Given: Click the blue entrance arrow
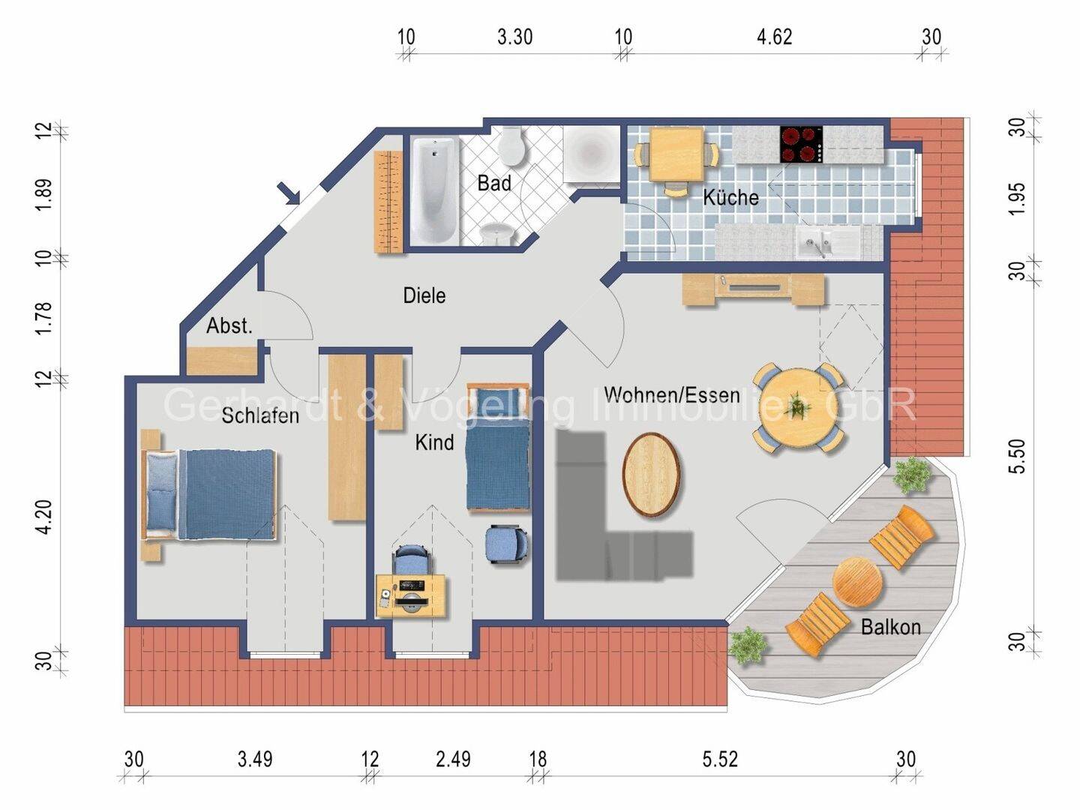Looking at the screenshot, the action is (x=289, y=193).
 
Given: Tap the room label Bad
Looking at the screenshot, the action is (x=494, y=183).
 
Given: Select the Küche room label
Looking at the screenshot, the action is (x=730, y=197).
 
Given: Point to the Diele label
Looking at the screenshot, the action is (x=424, y=295).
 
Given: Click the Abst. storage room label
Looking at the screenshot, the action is (x=229, y=325).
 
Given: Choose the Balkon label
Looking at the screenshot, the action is (x=890, y=627).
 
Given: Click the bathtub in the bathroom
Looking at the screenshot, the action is (x=435, y=190).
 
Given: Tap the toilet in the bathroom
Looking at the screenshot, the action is (x=511, y=145).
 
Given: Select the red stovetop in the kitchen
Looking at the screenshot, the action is (x=801, y=145).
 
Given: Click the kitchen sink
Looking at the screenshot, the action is (x=827, y=241).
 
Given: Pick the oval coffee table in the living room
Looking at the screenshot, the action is (x=652, y=475).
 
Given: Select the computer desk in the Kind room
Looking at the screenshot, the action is (x=411, y=595).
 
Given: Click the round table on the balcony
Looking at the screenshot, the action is (x=856, y=582).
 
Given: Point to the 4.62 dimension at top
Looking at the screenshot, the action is (x=775, y=37).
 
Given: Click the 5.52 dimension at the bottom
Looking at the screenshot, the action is (x=720, y=759).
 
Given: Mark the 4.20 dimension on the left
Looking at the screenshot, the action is (x=43, y=517).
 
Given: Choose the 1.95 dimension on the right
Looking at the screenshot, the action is (x=1018, y=198).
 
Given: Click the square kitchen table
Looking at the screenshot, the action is (x=676, y=154).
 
